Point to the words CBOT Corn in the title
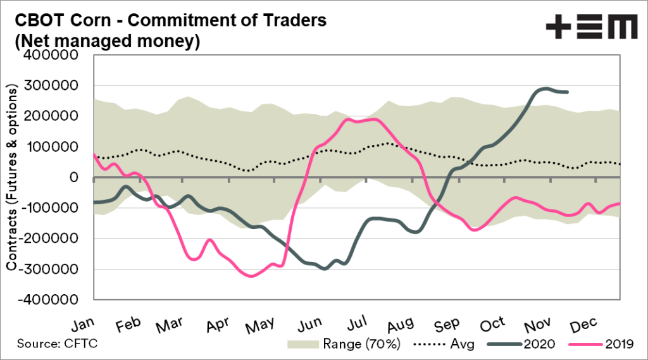click(49, 20)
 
